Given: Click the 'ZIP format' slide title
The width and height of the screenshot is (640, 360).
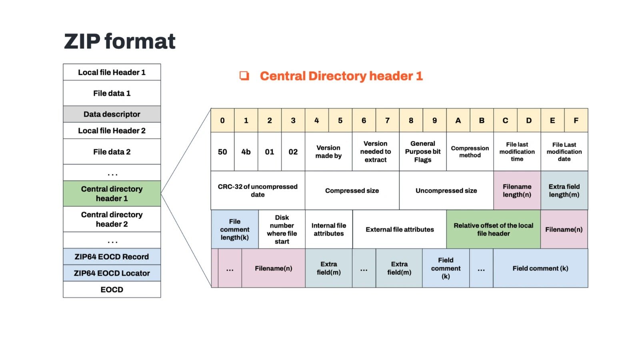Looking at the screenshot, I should pos(120,41).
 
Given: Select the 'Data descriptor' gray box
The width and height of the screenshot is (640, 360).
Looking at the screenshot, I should pos(112,114).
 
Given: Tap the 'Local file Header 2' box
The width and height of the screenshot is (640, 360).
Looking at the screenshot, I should pos(112,130).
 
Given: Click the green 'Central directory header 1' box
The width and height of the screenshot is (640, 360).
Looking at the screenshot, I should pos(112,194).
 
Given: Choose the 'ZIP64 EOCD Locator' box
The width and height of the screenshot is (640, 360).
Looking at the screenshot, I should pos(112,273).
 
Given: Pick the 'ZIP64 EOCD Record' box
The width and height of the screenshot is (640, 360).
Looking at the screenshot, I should pos(112,257).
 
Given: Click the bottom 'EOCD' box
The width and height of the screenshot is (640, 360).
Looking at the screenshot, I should pos(112,290).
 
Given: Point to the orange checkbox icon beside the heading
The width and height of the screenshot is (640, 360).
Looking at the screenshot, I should pos(244,76).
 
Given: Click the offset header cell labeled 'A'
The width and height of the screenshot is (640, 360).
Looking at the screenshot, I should pos(458,120).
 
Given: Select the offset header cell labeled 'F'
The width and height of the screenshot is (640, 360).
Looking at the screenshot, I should pos(576,120).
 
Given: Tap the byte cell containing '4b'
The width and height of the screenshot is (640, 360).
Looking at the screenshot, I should pos(246,152).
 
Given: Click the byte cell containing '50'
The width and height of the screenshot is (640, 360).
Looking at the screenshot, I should pos(222,152).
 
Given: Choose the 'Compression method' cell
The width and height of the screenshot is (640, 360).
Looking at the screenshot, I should pos(470,152).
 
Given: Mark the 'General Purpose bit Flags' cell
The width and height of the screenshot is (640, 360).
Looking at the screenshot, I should pos(423,152).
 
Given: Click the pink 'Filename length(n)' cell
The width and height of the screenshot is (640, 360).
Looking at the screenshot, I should pos(517,190).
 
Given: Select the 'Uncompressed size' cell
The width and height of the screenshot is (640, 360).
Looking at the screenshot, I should pos(446,190).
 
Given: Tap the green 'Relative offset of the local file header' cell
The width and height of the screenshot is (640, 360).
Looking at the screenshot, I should pos(494,229).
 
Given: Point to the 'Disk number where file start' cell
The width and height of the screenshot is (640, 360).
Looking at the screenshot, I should pos(282,229).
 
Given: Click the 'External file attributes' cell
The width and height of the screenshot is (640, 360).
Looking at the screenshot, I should pos(400,229).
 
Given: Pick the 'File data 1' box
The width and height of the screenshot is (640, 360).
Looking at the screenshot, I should pos(112,93).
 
